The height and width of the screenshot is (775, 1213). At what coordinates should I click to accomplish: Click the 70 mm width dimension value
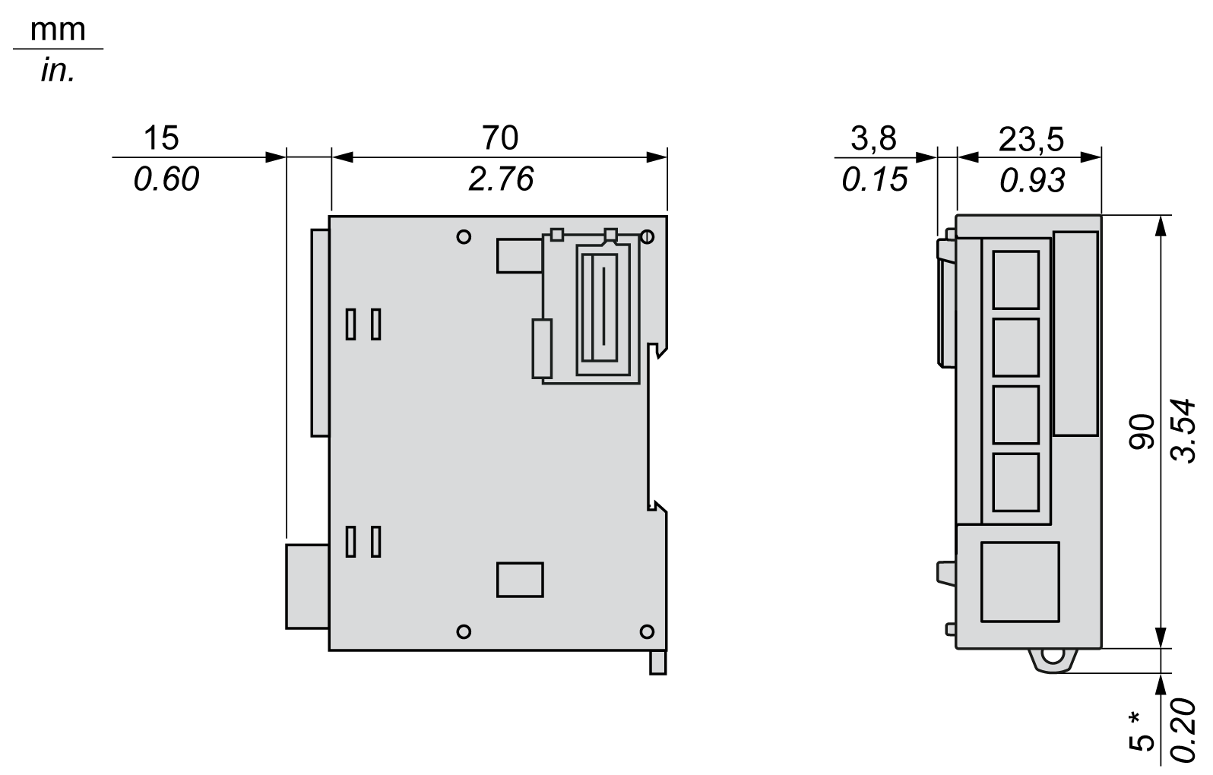499,138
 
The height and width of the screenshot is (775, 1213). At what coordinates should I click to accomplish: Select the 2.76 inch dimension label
500,179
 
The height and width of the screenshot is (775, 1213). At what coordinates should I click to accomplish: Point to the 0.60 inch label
166,179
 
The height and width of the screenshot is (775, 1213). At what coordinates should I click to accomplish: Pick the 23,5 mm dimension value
1031,139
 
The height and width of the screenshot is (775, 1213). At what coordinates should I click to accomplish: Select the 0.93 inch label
1032,180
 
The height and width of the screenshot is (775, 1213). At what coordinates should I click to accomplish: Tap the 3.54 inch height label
1185,429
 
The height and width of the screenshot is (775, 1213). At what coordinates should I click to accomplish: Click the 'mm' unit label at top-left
57,30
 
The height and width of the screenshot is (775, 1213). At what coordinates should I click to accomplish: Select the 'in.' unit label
57,71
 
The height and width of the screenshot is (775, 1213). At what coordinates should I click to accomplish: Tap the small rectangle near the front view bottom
520,580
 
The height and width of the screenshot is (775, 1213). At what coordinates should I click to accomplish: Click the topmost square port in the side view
1016,280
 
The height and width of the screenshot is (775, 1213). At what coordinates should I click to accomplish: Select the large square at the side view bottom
1020,582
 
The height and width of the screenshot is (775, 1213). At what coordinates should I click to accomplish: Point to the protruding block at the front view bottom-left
307,586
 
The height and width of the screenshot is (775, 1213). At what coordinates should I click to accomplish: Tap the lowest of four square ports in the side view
1016,482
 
